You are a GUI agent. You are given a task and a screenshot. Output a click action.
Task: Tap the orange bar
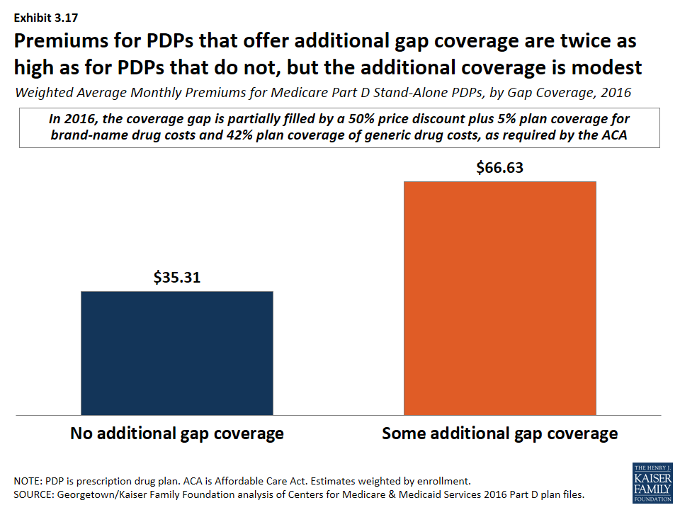500,297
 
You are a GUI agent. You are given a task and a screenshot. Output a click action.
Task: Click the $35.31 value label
177,278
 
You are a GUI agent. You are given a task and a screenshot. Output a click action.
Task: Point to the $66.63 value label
500,168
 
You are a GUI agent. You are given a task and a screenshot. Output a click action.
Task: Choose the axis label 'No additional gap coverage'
177,433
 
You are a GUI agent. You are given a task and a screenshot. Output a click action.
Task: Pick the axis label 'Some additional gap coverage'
500,433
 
